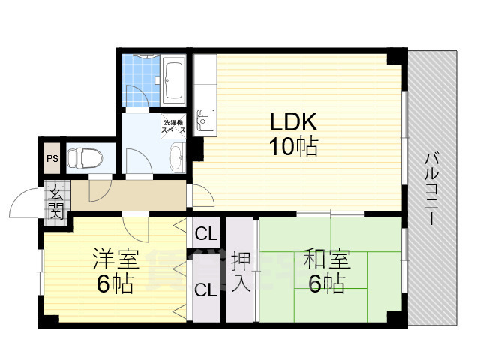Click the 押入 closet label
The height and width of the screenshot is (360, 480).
[x=240, y=271]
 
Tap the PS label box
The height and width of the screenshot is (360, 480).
[x=52, y=158]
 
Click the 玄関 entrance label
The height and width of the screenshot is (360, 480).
[x=55, y=200]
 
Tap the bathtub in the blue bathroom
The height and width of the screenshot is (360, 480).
[x=174, y=79]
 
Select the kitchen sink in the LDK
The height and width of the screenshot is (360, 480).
[x=205, y=119]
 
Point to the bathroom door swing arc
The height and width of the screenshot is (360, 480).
[x=136, y=95]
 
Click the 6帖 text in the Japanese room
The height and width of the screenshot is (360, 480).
[x=327, y=284]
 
